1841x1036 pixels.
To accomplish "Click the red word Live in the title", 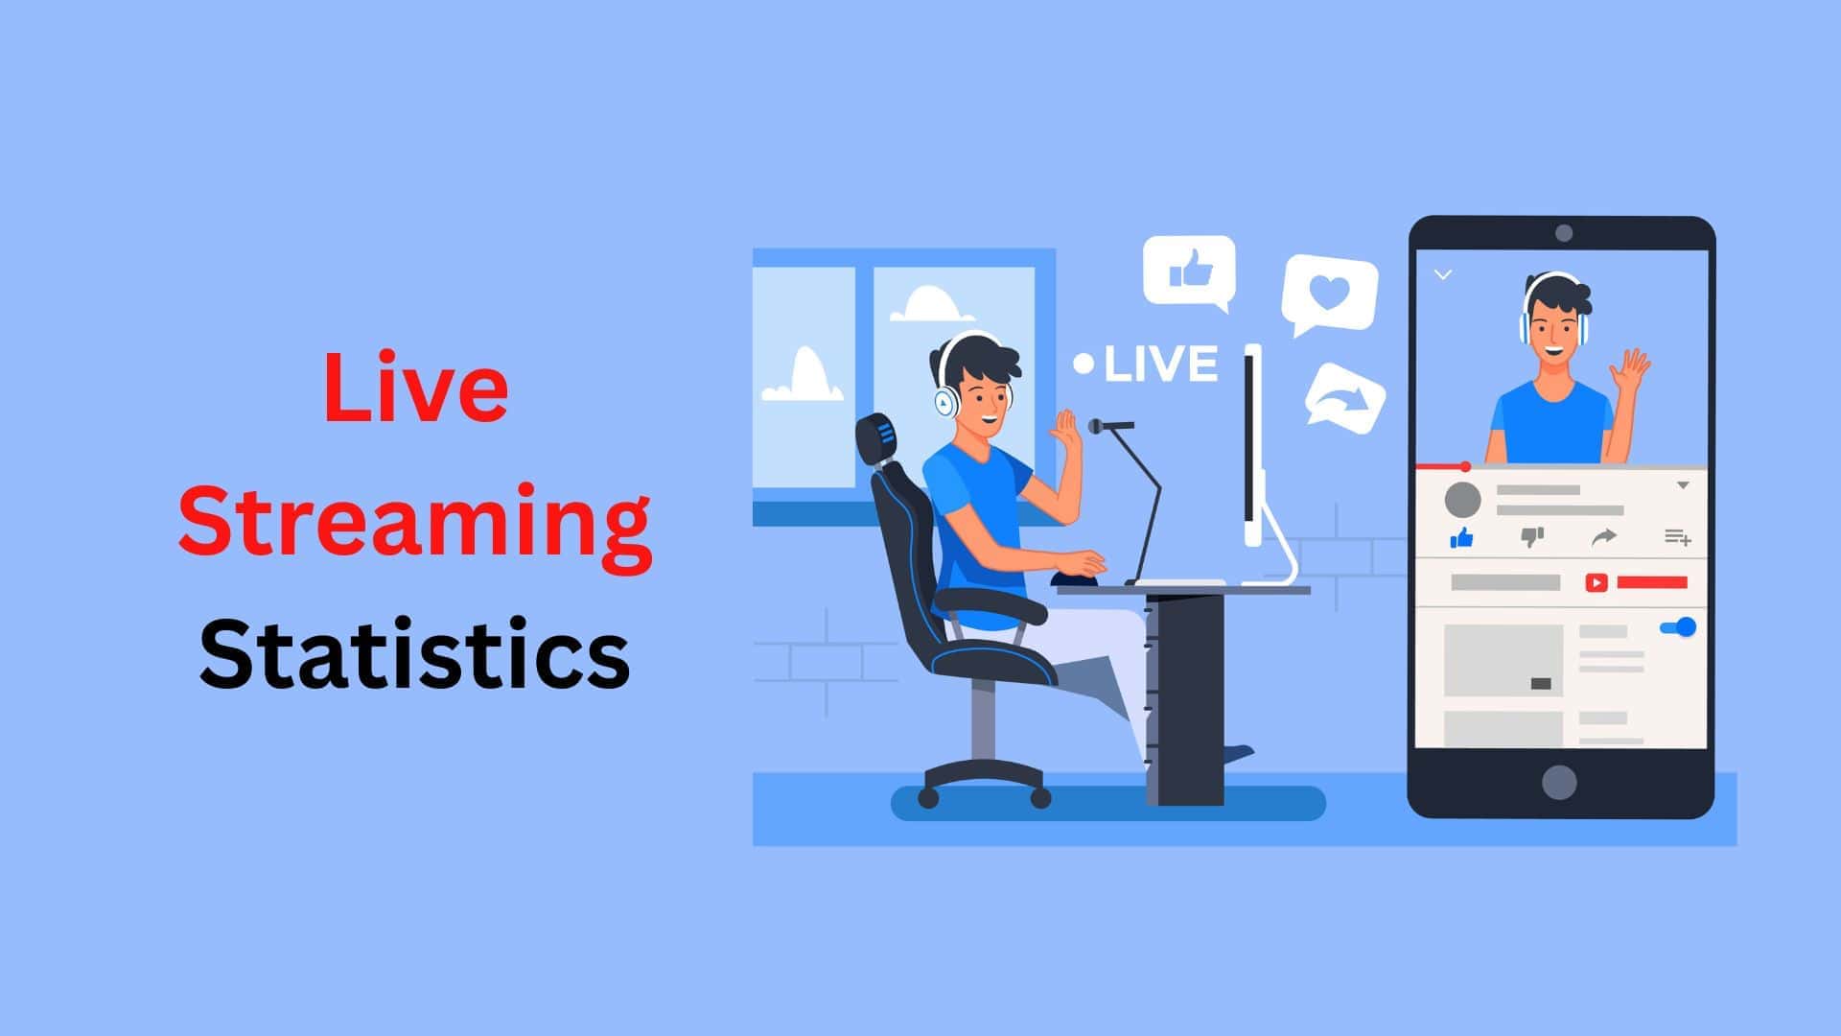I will point(415,388).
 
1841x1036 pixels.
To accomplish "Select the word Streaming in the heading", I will point(414,522).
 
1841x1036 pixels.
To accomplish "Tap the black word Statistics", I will point(414,654).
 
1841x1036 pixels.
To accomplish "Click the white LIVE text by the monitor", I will point(1160,364).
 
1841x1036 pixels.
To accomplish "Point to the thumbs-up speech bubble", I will point(1189,271).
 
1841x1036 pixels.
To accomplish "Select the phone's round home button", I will point(1559,782).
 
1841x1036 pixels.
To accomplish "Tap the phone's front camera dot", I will point(1564,233).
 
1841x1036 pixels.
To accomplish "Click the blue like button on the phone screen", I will point(1461,538).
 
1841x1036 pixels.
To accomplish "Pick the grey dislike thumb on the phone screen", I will point(1532,537).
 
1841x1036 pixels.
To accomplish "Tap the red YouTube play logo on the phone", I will point(1596,582).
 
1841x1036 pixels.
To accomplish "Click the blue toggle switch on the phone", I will point(1678,627).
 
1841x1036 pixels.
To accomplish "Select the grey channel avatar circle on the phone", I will point(1462,500).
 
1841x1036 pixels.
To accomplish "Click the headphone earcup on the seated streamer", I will point(946,403).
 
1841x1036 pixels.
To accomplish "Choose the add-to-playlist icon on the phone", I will point(1677,537).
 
